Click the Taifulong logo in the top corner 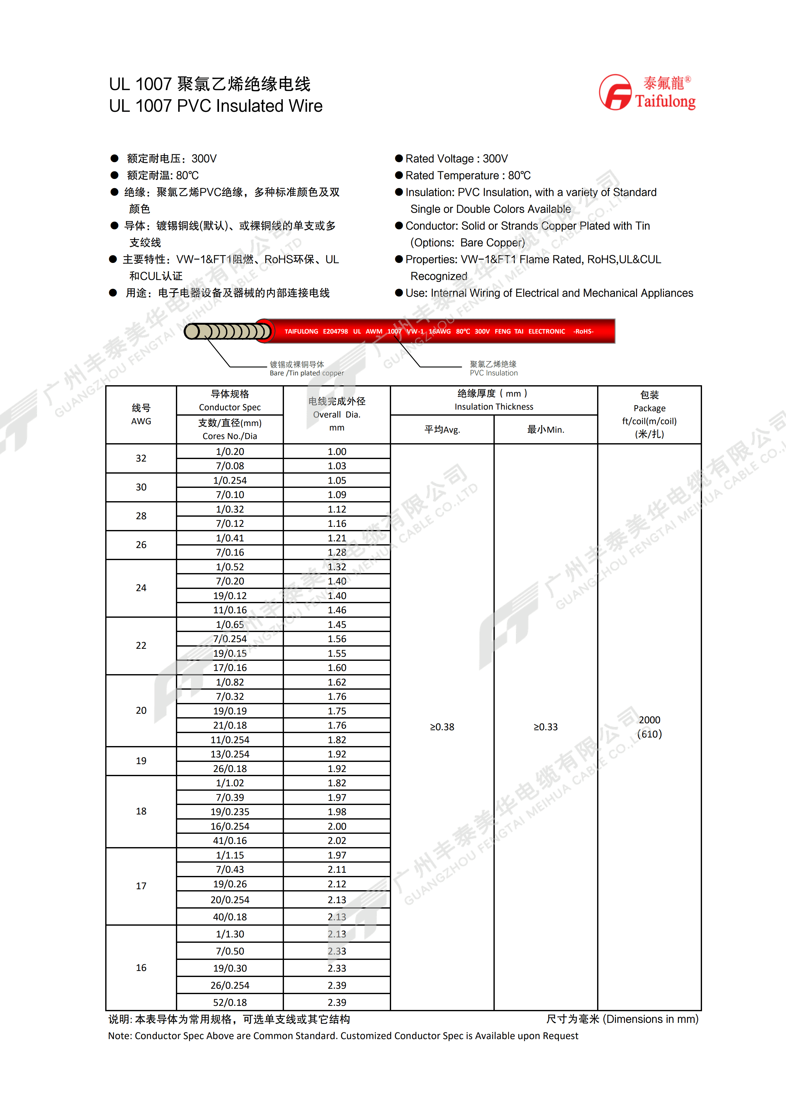pyautogui.click(x=647, y=93)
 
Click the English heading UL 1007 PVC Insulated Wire pyautogui.click(x=216, y=106)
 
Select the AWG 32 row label pyautogui.click(x=141, y=458)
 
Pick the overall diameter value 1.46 pyautogui.click(x=337, y=610)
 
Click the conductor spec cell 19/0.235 pyautogui.click(x=230, y=812)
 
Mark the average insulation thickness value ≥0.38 pyautogui.click(x=442, y=727)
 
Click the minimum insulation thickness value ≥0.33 pyautogui.click(x=545, y=727)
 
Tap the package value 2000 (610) pyautogui.click(x=649, y=727)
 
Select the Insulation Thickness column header pyautogui.click(x=494, y=400)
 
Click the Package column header pyautogui.click(x=649, y=414)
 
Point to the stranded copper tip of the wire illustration pyautogui.click(x=228, y=331)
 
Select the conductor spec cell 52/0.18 pyautogui.click(x=230, y=1002)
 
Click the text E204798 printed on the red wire pyautogui.click(x=335, y=331)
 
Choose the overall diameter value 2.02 pyautogui.click(x=337, y=840)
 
